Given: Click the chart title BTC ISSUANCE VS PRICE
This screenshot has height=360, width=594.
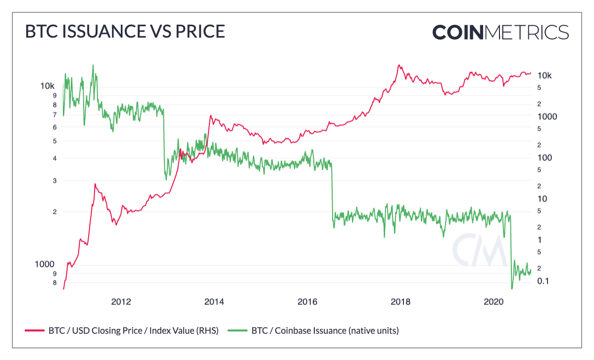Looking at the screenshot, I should [x=125, y=31].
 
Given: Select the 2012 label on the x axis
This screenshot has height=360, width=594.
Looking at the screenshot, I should [x=121, y=302].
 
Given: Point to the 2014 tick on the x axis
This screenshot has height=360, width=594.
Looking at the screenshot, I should [x=214, y=302].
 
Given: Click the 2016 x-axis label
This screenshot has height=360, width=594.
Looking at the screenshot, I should [x=307, y=302].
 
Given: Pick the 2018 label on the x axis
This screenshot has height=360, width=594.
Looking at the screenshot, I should [x=400, y=302].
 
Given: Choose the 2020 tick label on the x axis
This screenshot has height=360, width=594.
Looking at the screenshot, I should [x=493, y=302].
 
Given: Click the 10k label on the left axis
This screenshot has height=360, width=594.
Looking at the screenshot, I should [x=48, y=86].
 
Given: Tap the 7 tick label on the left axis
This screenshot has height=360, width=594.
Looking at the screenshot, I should [x=54, y=115].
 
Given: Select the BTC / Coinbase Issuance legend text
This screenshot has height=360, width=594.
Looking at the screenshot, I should [x=325, y=330].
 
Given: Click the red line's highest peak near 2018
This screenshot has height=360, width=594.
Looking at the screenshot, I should [x=399, y=65].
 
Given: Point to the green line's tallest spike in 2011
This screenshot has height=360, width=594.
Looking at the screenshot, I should [x=93, y=65].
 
